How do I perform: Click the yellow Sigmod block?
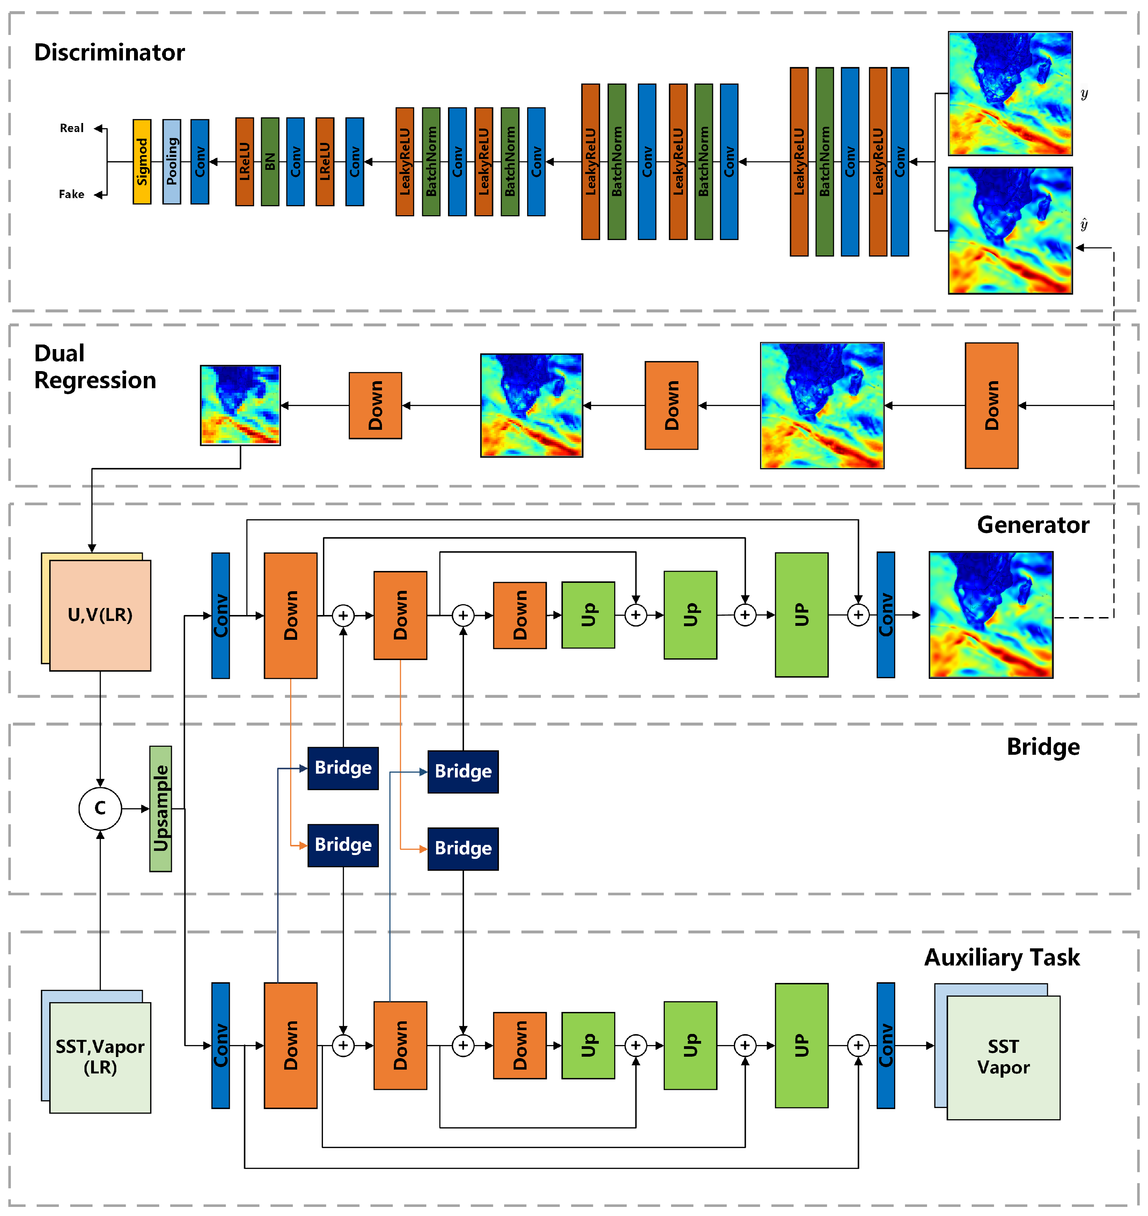click(142, 162)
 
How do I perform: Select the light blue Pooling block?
click(171, 162)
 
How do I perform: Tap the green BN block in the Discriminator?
click(270, 162)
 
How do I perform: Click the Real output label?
click(72, 128)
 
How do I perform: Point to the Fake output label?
click(72, 194)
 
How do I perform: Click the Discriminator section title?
click(110, 53)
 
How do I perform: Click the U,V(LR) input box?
click(100, 615)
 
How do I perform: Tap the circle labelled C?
click(100, 808)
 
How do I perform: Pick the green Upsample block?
click(161, 808)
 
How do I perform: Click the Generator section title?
click(1032, 525)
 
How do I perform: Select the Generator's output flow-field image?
click(991, 615)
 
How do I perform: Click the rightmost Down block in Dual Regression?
click(991, 405)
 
